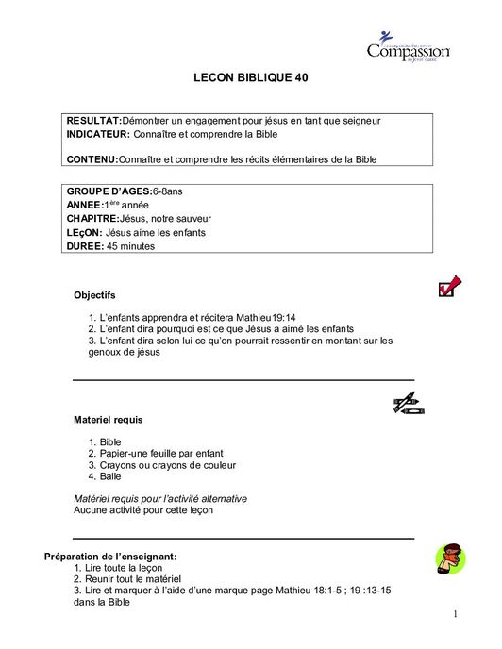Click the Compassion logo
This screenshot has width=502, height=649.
(408, 47)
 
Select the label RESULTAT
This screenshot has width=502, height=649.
(93, 122)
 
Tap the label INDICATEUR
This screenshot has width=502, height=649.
(98, 134)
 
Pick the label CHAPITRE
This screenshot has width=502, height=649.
(92, 218)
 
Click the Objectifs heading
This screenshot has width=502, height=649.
(94, 295)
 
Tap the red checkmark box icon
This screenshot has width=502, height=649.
(449, 286)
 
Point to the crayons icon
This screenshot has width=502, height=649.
(409, 404)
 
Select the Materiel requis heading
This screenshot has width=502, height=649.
(109, 419)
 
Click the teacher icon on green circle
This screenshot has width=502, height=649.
(450, 558)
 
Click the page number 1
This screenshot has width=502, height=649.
(454, 615)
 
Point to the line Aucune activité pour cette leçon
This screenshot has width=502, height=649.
(143, 510)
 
